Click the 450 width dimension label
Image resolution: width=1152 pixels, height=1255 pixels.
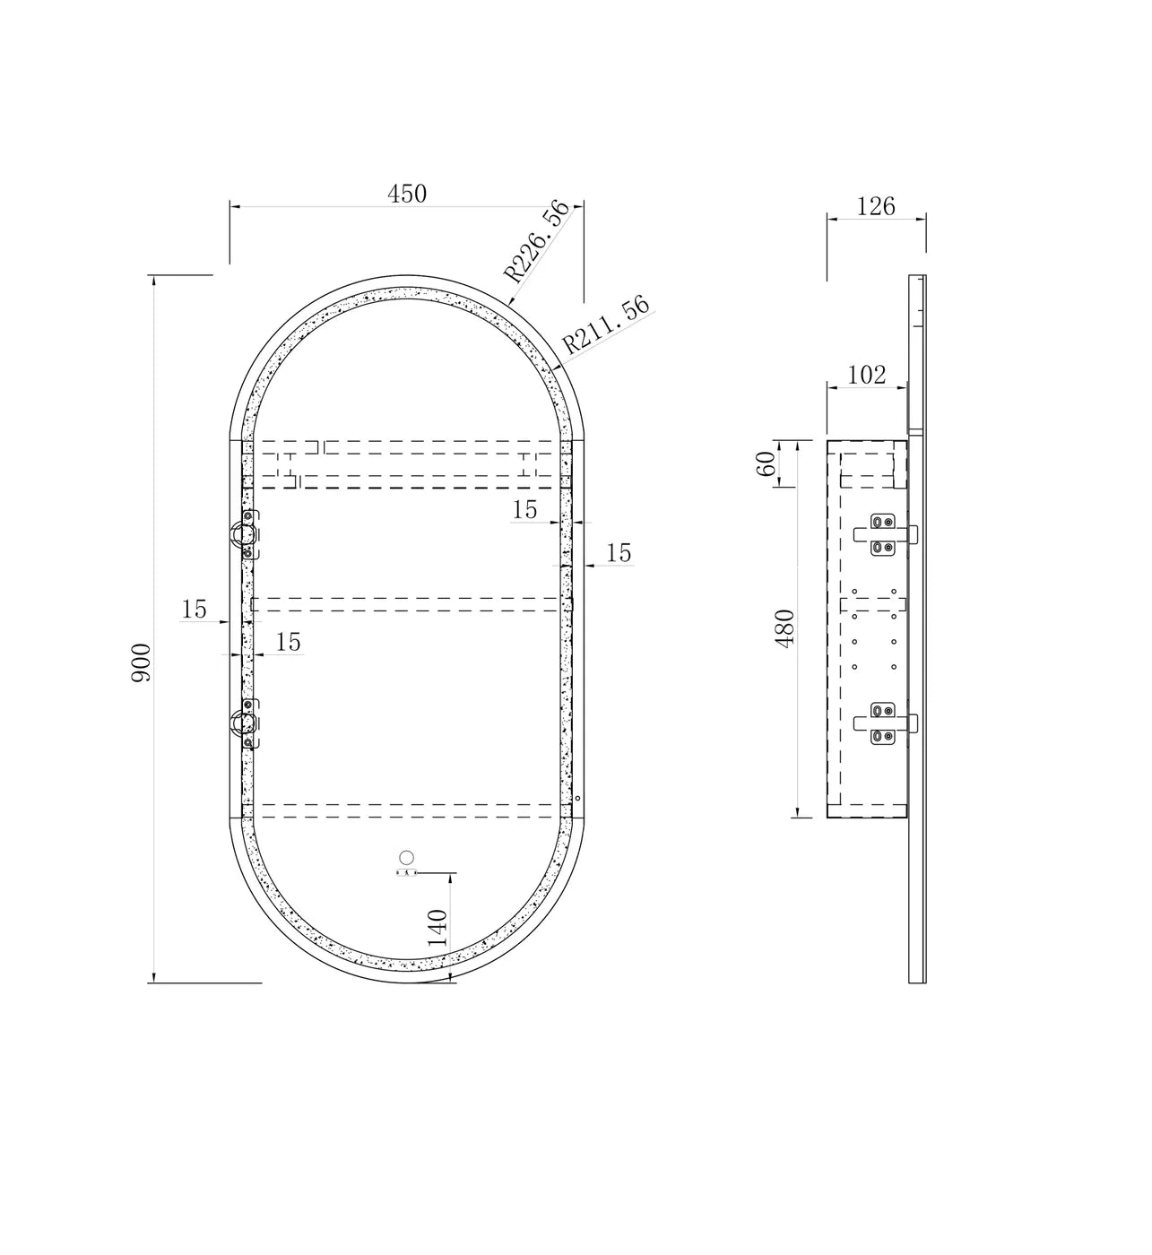click(x=407, y=194)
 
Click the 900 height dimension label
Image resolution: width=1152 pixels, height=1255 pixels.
click(x=142, y=662)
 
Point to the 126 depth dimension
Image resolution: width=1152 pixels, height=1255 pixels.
click(x=875, y=206)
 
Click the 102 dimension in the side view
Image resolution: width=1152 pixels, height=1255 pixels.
click(x=867, y=375)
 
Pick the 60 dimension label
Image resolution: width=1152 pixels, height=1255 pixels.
click(x=766, y=463)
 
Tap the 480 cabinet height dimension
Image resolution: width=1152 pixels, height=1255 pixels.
click(x=784, y=628)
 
